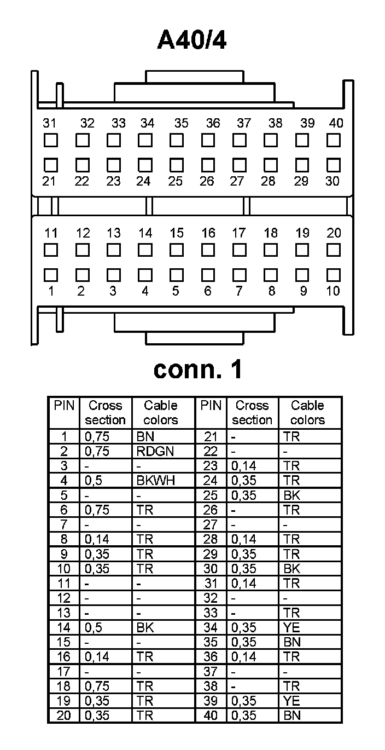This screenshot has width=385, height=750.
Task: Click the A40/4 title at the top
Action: coord(192,40)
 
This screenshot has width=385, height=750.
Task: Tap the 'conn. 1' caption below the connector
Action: coord(197,370)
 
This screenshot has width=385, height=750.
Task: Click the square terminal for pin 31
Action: coord(50,141)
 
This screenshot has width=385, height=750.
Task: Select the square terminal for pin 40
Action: coord(334,141)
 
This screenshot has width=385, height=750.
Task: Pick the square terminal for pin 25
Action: coord(176,164)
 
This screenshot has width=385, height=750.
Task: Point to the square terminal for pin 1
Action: coord(50,274)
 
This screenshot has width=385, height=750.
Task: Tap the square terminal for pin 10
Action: coord(334,274)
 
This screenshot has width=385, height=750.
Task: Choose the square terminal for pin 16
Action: coord(208,250)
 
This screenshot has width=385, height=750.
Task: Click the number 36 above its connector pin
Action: coord(213,124)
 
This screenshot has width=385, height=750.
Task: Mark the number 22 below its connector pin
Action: coord(81,181)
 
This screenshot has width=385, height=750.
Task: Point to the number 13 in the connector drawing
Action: coord(113,233)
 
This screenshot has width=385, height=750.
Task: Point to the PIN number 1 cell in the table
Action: coord(64,437)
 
